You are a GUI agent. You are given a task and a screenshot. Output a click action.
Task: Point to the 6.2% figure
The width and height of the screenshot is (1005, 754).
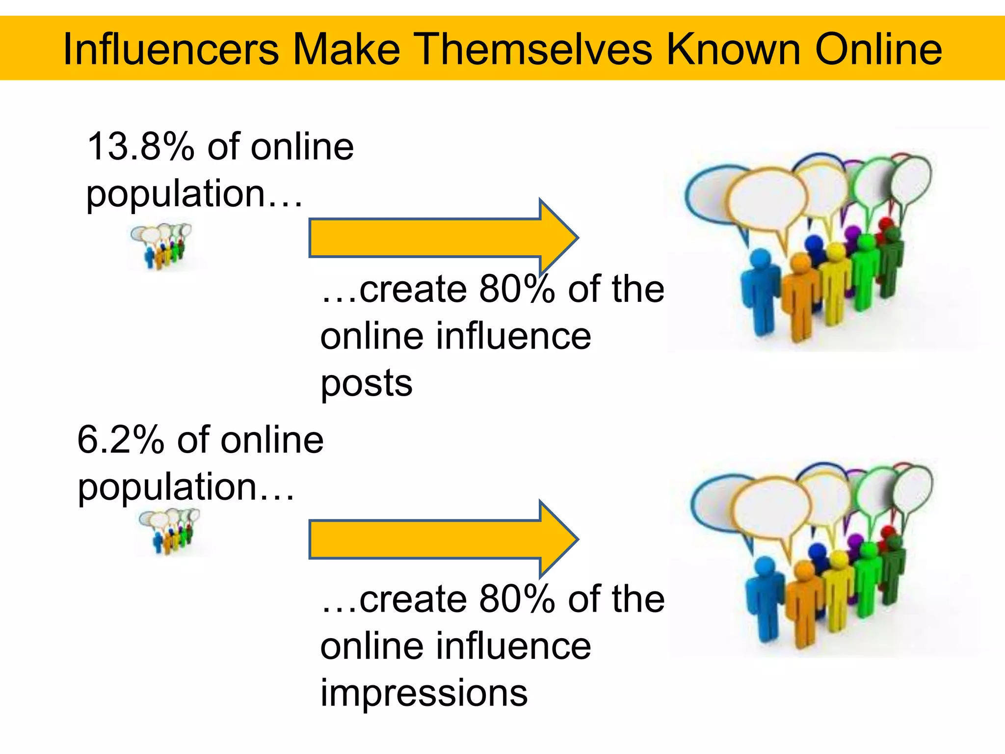[121, 439]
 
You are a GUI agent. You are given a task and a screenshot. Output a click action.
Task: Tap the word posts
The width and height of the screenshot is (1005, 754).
[367, 383]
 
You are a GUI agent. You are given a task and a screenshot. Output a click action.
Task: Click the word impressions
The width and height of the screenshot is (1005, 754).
[424, 693]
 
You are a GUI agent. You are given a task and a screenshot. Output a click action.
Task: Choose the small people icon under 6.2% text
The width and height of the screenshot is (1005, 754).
[170, 531]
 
